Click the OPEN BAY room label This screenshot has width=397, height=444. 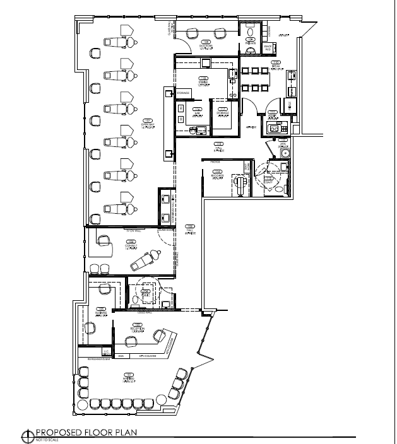148,122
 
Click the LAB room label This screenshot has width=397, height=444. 197,111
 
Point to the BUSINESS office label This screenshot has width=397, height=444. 100,310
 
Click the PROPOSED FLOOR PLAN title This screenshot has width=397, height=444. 86,433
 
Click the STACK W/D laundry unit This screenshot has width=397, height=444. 268,47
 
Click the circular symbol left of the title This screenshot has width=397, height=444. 27,434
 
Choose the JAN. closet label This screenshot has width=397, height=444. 283,144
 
